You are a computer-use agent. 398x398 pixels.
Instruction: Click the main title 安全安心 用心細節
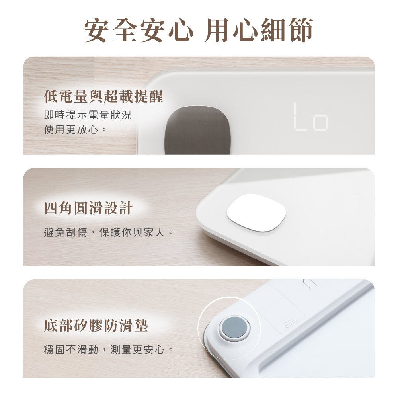pyautogui.click(x=199, y=30)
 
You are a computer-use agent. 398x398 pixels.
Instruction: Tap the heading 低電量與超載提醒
pyautogui.click(x=103, y=96)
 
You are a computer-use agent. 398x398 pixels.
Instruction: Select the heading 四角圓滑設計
pyautogui.click(x=88, y=208)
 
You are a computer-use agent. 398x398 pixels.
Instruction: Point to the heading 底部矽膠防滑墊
pyautogui.click(x=96, y=325)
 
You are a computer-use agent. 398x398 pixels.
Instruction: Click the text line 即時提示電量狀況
pyautogui.click(x=88, y=115)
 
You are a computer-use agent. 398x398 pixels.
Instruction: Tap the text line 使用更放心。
pyautogui.click(x=75, y=130)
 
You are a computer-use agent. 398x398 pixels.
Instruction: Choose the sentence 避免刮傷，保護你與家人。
pyautogui.click(x=109, y=232)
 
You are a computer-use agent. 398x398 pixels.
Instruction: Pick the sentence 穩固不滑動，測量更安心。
pyautogui.click(x=109, y=350)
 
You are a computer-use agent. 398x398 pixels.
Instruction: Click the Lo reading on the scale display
pyautogui.click(x=311, y=117)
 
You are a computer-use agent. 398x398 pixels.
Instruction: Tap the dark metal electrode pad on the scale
pyautogui.click(x=197, y=131)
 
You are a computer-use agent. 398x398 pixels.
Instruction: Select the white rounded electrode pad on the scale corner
pyautogui.click(x=256, y=213)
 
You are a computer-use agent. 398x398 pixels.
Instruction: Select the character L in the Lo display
pyautogui.click(x=300, y=117)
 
